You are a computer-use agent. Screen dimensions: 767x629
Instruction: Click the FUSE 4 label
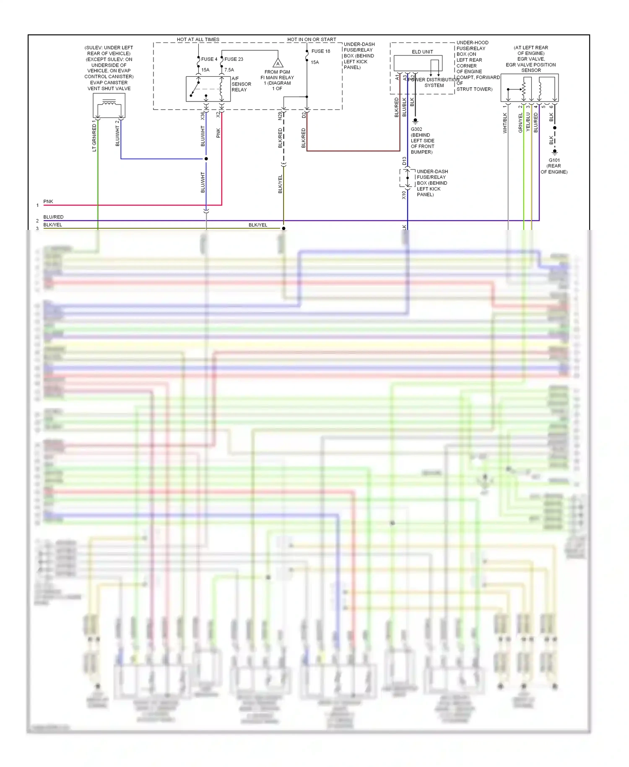(x=209, y=59)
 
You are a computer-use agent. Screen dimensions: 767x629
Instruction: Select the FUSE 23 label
(x=234, y=59)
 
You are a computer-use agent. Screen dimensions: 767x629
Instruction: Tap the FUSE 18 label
(x=320, y=51)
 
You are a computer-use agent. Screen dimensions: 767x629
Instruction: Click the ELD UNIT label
(x=422, y=52)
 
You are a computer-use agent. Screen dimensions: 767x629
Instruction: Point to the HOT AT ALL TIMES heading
(x=198, y=39)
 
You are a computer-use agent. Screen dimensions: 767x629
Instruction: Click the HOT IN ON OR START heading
(x=312, y=39)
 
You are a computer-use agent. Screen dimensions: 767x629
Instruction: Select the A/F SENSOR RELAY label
(x=241, y=84)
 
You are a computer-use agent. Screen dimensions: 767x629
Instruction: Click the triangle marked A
(x=278, y=64)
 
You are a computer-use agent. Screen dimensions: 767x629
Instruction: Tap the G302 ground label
(x=416, y=129)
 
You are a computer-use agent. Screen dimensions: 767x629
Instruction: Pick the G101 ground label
(x=554, y=160)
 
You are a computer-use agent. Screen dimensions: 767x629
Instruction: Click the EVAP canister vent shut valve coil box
(x=109, y=106)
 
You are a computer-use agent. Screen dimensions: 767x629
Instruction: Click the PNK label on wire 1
(x=48, y=201)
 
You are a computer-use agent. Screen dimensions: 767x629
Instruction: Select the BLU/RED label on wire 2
(x=53, y=217)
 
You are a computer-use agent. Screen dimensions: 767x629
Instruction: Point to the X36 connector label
(x=203, y=116)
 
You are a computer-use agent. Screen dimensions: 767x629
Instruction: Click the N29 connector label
(x=280, y=116)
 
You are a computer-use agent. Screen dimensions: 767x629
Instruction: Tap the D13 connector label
(x=404, y=161)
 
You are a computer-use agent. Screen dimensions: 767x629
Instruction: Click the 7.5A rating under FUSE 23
(x=229, y=70)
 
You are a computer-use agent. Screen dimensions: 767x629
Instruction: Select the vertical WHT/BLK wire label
(x=505, y=123)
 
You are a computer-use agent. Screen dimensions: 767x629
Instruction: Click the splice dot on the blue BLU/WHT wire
(x=206, y=159)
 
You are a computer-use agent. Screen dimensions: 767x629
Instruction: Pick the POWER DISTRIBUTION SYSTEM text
(x=434, y=83)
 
